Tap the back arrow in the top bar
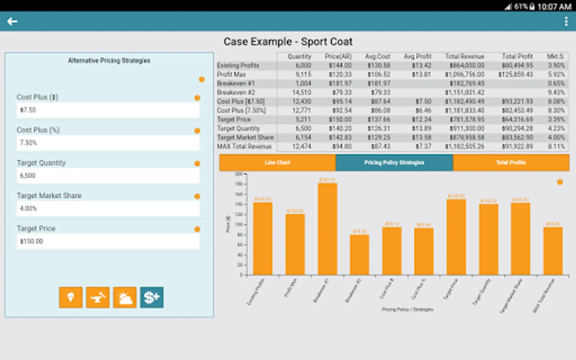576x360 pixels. tap(12, 22)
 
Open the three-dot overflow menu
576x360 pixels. tap(566, 22)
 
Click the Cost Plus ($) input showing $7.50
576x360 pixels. tap(108, 110)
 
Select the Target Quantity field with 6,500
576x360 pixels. tap(108, 176)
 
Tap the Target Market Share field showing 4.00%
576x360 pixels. tap(108, 208)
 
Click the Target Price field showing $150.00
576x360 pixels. tap(108, 241)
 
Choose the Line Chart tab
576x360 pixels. tap(277, 162)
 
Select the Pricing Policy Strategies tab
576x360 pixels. tap(394, 162)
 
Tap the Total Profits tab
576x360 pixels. tap(511, 162)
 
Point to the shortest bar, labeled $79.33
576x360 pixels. tap(359, 255)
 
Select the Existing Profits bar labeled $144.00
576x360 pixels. tap(263, 238)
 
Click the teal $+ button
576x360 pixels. tap(152, 298)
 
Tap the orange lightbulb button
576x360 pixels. tap(71, 298)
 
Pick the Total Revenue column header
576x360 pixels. tap(464, 56)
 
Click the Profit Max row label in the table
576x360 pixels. tap(232, 74)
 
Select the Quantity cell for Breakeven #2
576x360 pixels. tap(302, 92)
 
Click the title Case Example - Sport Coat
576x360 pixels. tap(288, 42)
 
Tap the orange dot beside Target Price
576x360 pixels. tap(197, 229)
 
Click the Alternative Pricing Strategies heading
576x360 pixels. tap(109, 60)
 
